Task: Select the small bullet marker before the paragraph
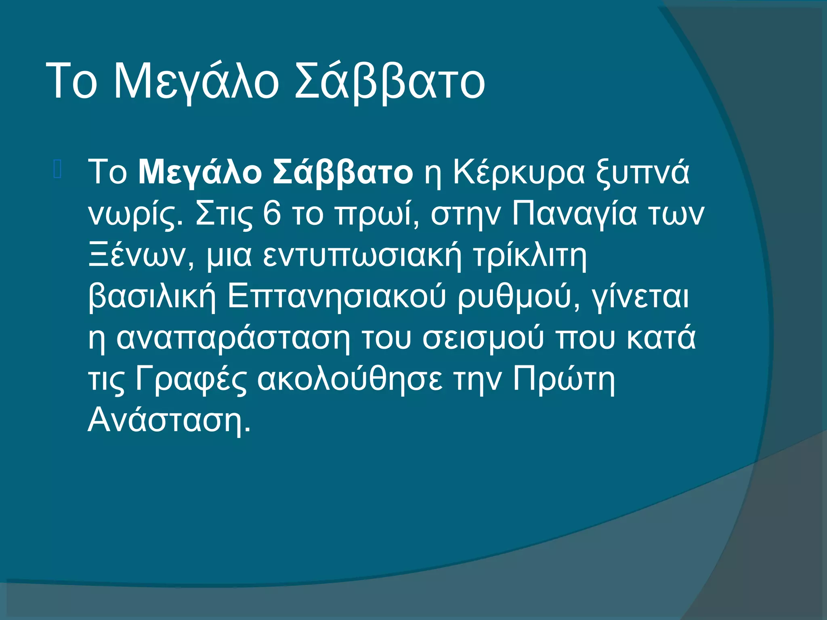click(x=57, y=170)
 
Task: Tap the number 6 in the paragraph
click(x=271, y=214)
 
